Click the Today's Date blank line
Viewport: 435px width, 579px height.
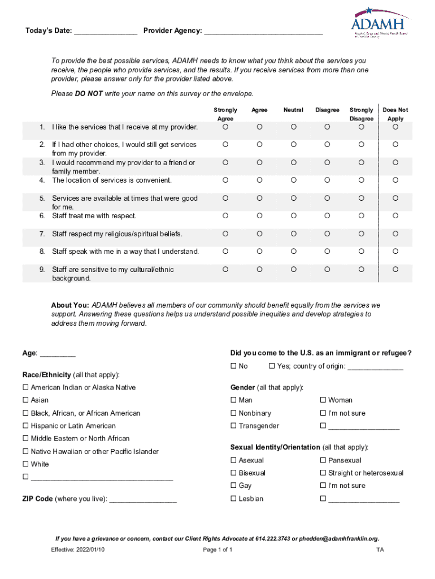tap(106, 32)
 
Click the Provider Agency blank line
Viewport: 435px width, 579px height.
tap(263, 32)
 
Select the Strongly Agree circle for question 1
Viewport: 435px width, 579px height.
tap(225, 127)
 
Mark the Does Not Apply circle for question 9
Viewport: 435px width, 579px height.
tap(395, 270)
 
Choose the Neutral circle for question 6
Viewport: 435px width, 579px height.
tap(293, 216)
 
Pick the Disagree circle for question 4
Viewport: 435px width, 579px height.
tap(327, 180)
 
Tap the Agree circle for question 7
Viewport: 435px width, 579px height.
tap(259, 234)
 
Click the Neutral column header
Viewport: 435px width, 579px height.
tap(293, 110)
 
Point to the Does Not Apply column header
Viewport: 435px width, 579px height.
tap(395, 114)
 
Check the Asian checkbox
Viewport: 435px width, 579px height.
tap(25, 400)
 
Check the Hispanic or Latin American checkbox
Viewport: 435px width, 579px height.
tap(25, 426)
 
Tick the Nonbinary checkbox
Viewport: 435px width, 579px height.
tap(233, 413)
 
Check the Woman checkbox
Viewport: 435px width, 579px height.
tap(323, 400)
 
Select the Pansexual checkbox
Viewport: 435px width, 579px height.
tap(323, 460)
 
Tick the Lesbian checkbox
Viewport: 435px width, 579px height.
tap(233, 499)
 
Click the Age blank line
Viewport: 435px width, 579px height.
tap(58, 355)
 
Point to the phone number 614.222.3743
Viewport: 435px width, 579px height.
tap(275, 538)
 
